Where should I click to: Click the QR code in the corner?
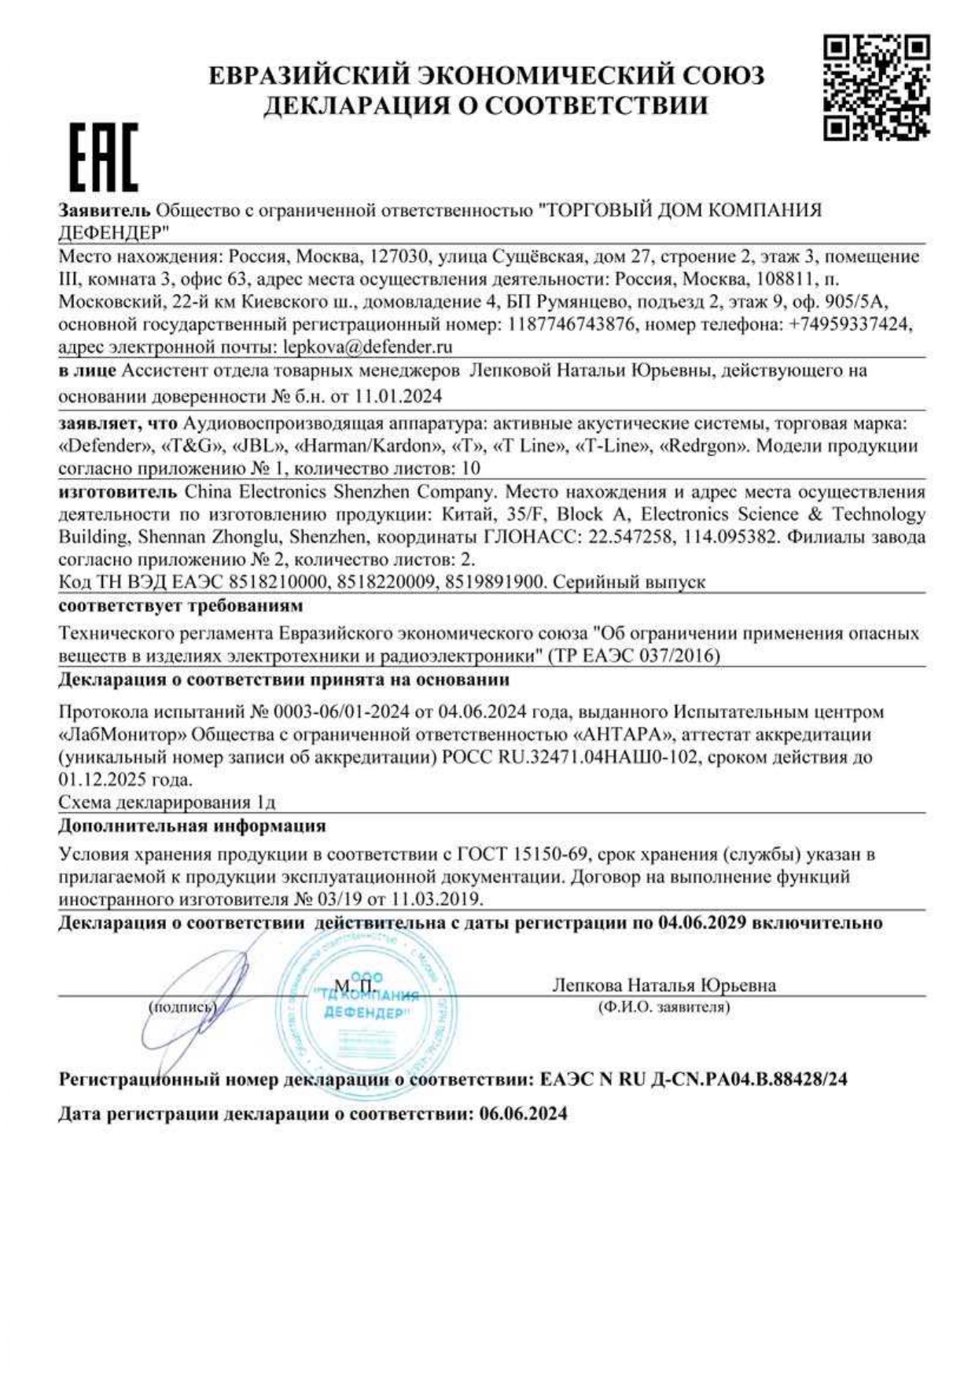876,87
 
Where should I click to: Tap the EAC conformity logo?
103,157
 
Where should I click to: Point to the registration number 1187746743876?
571,324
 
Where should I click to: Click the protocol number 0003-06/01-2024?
341,712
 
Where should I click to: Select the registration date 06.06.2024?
522,1114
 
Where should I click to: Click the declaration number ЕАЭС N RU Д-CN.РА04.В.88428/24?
694,1079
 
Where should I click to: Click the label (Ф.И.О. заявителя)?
664,1007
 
